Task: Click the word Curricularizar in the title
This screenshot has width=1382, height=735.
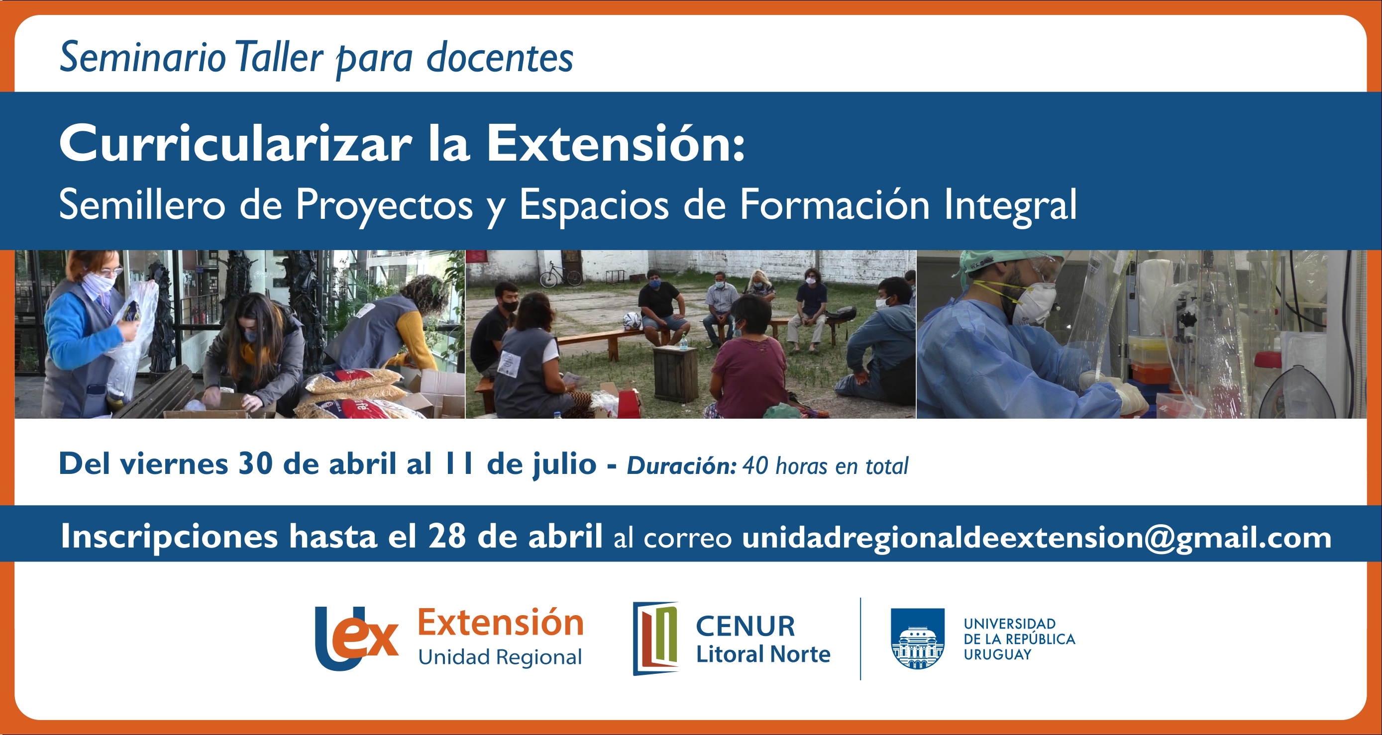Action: click(235, 143)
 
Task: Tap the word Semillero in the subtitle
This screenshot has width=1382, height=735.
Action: click(142, 205)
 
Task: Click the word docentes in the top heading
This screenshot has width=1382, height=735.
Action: click(500, 58)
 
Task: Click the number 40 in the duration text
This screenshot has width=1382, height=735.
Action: click(755, 466)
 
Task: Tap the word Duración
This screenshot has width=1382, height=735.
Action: click(681, 465)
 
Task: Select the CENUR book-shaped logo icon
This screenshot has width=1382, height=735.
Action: click(655, 638)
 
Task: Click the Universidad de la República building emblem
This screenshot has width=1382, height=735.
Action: click(917, 639)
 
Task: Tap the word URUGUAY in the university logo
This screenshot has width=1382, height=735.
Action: click(997, 654)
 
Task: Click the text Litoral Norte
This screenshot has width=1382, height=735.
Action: click(763, 654)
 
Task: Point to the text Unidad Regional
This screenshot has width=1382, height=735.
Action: click(500, 657)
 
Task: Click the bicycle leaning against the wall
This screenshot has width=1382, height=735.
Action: click(559, 274)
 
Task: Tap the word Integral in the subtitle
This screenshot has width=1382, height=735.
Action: click(1010, 205)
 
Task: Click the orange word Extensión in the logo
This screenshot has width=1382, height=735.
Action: click(501, 623)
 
